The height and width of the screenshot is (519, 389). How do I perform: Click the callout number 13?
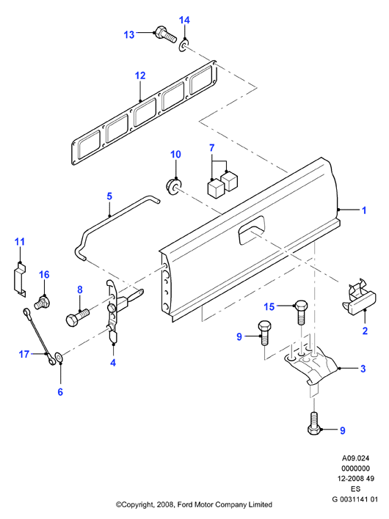click(x=129, y=34)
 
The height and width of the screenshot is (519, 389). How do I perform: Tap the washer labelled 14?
click(x=184, y=46)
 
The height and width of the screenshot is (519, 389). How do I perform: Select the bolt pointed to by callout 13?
click(x=165, y=34)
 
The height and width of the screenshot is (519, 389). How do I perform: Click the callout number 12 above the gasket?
click(x=140, y=76)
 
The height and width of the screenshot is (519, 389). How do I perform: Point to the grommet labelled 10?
click(x=174, y=186)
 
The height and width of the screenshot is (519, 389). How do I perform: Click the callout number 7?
click(x=212, y=147)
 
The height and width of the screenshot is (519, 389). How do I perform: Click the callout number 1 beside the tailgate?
click(x=364, y=210)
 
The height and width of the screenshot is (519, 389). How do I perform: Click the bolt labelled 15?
click(x=301, y=312)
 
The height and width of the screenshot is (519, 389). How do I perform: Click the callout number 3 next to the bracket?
click(x=363, y=369)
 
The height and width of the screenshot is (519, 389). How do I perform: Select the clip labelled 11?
click(x=20, y=279)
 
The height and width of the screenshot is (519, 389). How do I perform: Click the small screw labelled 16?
click(x=42, y=302)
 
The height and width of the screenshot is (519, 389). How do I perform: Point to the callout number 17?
click(x=24, y=354)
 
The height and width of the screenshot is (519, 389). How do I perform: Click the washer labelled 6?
click(x=59, y=358)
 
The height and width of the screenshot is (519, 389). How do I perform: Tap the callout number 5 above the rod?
click(x=109, y=196)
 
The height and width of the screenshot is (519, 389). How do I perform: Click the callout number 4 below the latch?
click(x=113, y=362)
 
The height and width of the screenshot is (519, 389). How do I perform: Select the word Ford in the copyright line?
click(x=184, y=505)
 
